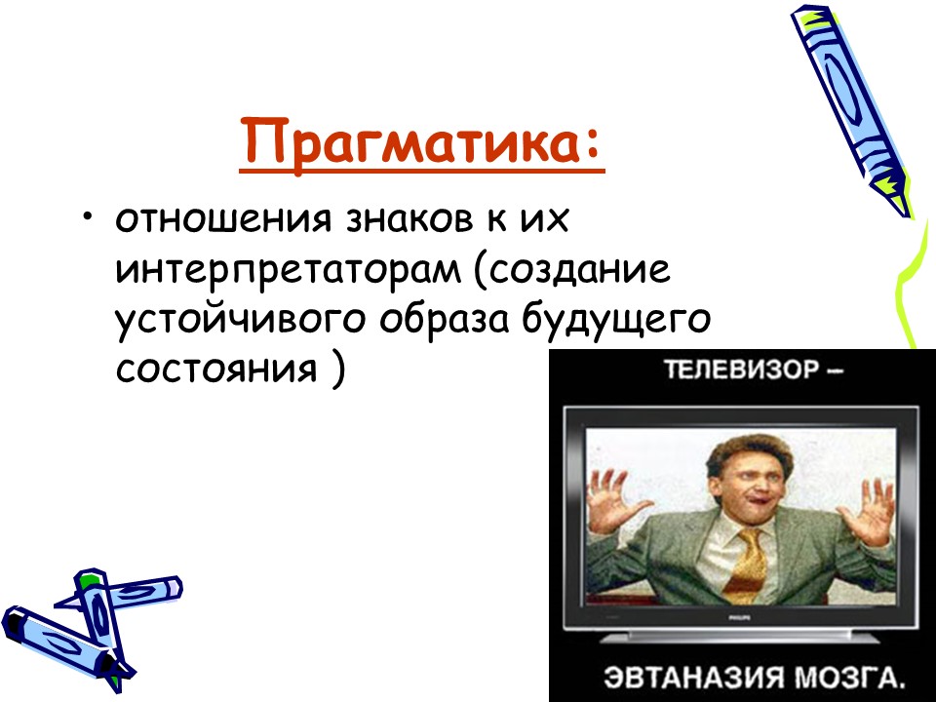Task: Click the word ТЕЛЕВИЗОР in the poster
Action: [718, 371]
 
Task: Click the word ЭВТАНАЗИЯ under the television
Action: [683, 676]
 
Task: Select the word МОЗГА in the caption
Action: [847, 676]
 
